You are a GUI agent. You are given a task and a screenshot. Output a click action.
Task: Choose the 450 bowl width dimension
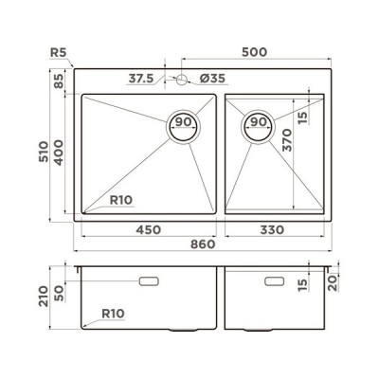(147, 229)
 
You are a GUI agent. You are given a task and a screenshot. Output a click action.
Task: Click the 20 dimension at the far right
(333, 281)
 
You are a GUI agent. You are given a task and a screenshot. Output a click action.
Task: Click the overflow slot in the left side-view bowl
(151, 281)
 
